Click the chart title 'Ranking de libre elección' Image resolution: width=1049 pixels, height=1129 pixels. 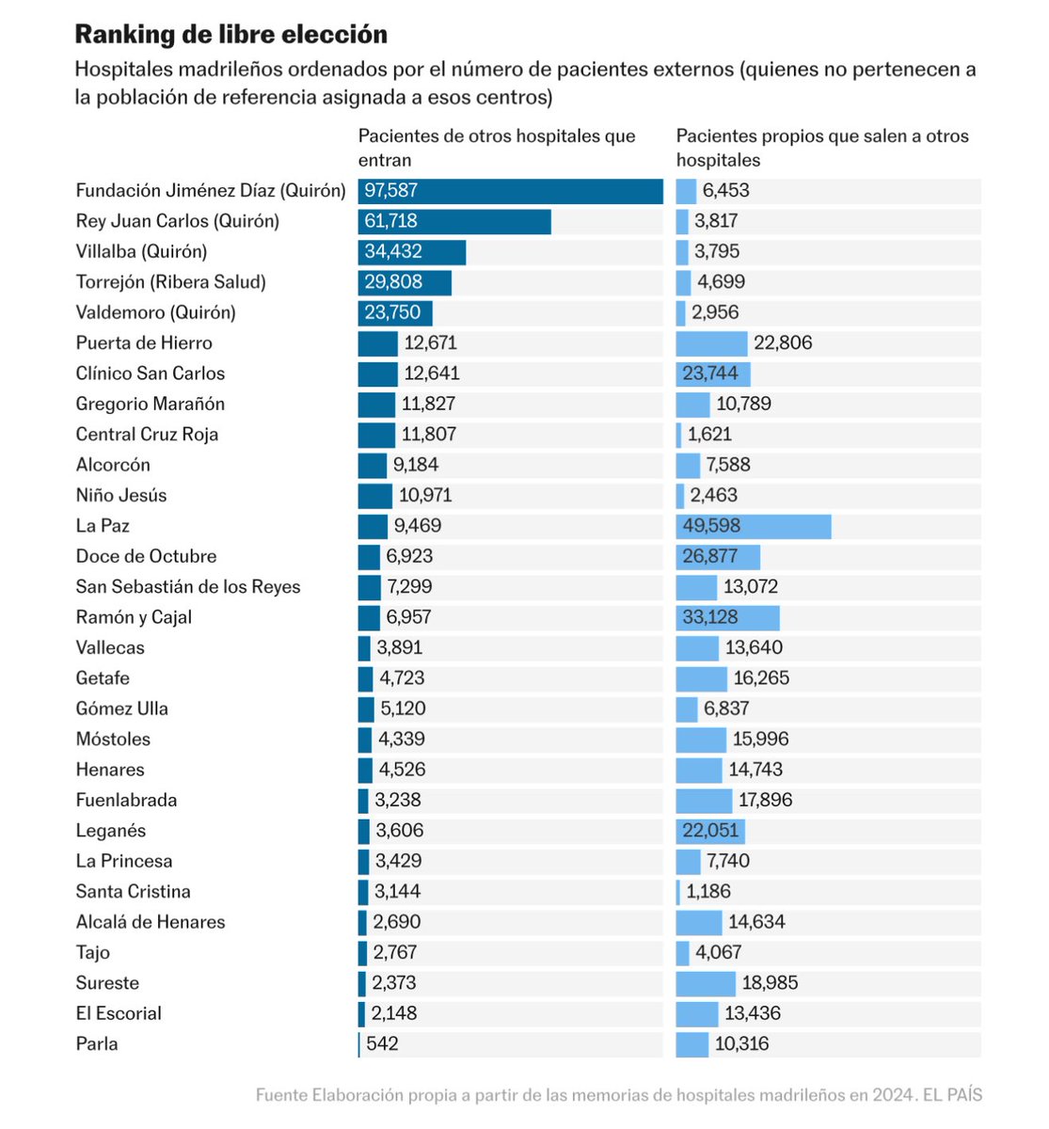(230, 35)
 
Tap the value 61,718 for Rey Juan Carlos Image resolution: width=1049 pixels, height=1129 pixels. (390, 221)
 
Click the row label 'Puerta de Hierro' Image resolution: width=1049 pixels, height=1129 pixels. (144, 343)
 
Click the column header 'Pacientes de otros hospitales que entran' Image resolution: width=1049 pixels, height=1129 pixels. (496, 148)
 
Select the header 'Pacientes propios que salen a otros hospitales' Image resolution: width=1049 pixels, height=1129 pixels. (821, 148)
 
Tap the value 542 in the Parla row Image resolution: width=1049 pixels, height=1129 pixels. (382, 1044)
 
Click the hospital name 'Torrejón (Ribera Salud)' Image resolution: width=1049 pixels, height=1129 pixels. (170, 282)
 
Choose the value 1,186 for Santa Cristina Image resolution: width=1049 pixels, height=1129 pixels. (708, 892)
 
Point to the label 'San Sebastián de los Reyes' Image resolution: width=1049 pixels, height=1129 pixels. (188, 587)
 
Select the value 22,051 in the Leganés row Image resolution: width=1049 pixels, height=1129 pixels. (710, 831)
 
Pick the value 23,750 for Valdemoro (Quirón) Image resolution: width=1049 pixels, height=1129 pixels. (392, 312)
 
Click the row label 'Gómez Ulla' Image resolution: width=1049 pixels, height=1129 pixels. (121, 709)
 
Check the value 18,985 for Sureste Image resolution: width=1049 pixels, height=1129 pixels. (770, 983)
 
